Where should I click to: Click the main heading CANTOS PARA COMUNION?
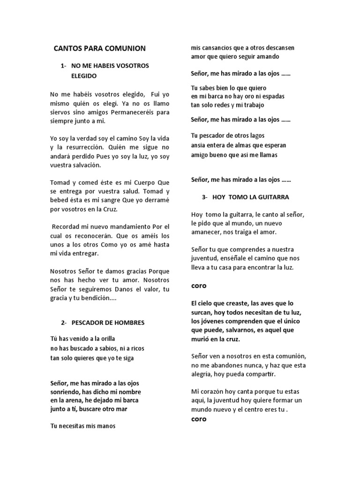click(x=100, y=48)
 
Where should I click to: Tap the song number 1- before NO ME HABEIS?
click(x=64, y=66)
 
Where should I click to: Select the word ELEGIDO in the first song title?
click(x=84, y=75)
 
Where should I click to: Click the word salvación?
click(x=88, y=165)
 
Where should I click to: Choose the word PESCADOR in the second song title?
click(x=87, y=322)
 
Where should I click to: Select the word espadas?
click(x=271, y=96)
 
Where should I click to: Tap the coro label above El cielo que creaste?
click(x=199, y=285)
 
